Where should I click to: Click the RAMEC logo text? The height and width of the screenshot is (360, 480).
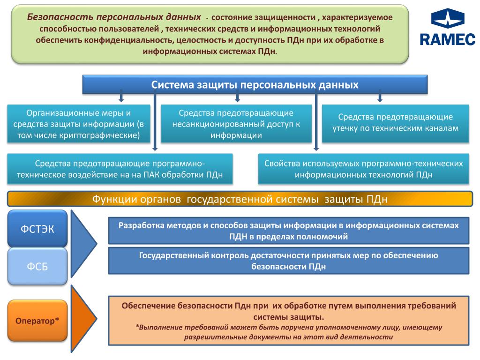click(x=447, y=38)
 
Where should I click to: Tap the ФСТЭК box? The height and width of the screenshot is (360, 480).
click(x=37, y=229)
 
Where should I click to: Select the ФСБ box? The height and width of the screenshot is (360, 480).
click(x=37, y=266)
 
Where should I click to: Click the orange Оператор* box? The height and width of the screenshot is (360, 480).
click(x=37, y=321)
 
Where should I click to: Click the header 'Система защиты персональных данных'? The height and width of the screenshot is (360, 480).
click(x=255, y=85)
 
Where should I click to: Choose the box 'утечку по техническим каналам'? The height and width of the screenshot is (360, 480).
click(x=395, y=122)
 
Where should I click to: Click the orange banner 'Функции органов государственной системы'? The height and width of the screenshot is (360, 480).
click(x=240, y=199)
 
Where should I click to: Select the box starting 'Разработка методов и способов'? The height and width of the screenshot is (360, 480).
click(x=288, y=231)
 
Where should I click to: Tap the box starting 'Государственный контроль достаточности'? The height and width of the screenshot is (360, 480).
click(x=288, y=261)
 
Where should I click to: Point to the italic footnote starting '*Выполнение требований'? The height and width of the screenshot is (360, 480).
click(x=288, y=332)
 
